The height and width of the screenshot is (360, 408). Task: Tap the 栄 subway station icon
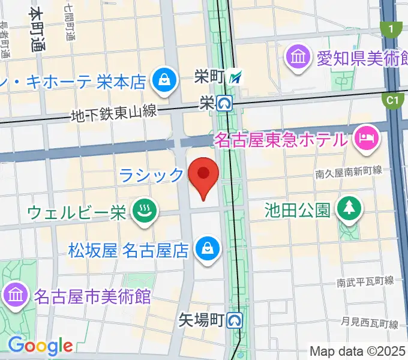(225, 104)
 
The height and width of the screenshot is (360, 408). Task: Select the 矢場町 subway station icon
(235, 320)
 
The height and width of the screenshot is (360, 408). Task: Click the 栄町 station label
(209, 76)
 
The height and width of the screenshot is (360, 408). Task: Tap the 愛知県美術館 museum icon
(298, 58)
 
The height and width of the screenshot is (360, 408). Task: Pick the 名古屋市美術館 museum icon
(14, 295)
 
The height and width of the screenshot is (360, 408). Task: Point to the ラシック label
(151, 175)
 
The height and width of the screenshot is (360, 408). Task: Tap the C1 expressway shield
(393, 101)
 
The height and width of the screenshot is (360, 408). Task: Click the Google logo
(40, 346)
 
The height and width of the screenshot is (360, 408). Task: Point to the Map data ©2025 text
(358, 351)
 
